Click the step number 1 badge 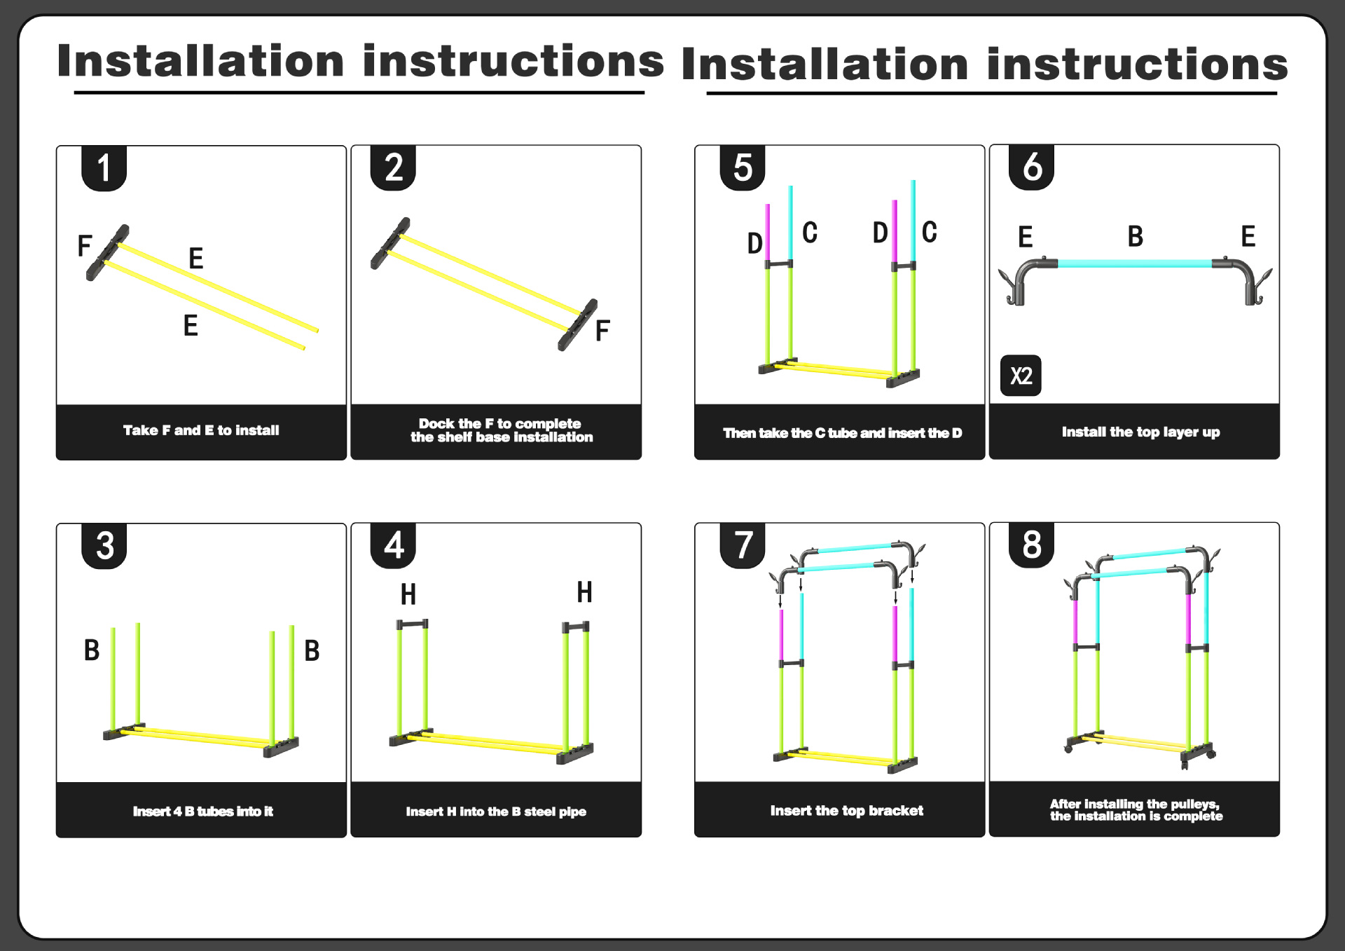tap(104, 168)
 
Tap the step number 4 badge tap(393, 545)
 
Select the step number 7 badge tap(743, 545)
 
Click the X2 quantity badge tap(1021, 376)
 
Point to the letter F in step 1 tap(85, 246)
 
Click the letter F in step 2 tap(602, 331)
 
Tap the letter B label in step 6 tap(1135, 237)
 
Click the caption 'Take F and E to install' tap(201, 430)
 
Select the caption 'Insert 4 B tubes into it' tap(202, 811)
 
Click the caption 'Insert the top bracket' tap(846, 810)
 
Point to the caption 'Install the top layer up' tap(1140, 432)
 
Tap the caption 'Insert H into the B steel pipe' tap(496, 811)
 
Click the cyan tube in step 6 tap(1135, 264)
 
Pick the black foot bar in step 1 tap(107, 252)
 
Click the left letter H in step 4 tap(408, 594)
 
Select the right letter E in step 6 tap(1248, 237)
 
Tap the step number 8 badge tap(1031, 545)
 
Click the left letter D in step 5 tap(754, 243)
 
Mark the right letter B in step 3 tap(312, 650)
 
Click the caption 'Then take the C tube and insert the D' tap(842, 433)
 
